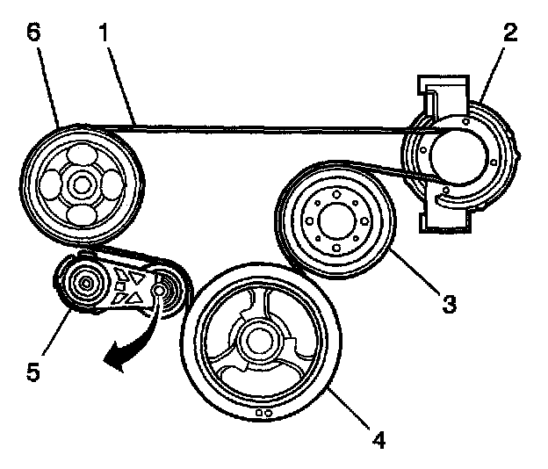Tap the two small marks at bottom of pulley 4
[x=260, y=409]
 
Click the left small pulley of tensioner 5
[x=86, y=284]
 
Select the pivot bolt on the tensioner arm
[x=160, y=289]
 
